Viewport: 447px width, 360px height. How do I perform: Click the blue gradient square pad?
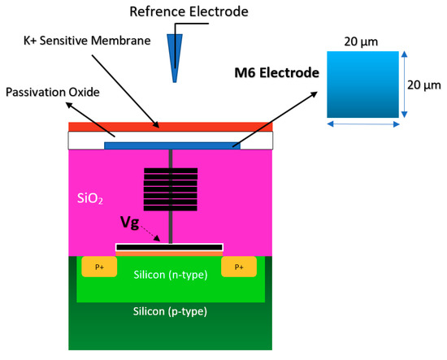(x=362, y=85)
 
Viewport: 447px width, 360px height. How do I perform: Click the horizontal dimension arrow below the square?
(x=362, y=124)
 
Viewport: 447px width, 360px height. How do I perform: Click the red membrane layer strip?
(x=170, y=126)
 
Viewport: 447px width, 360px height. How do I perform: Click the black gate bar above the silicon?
(x=169, y=246)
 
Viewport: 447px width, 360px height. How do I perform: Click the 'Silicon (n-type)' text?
(x=170, y=275)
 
